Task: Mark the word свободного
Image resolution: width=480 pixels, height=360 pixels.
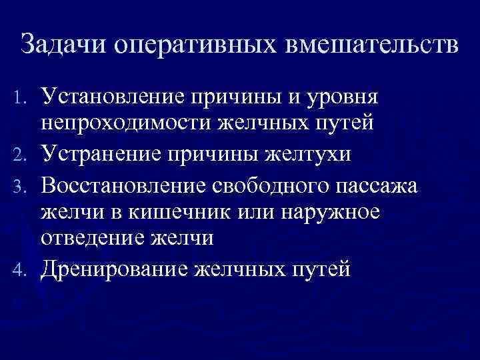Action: (264, 183)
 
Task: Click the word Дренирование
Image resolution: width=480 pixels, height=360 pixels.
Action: (107, 268)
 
